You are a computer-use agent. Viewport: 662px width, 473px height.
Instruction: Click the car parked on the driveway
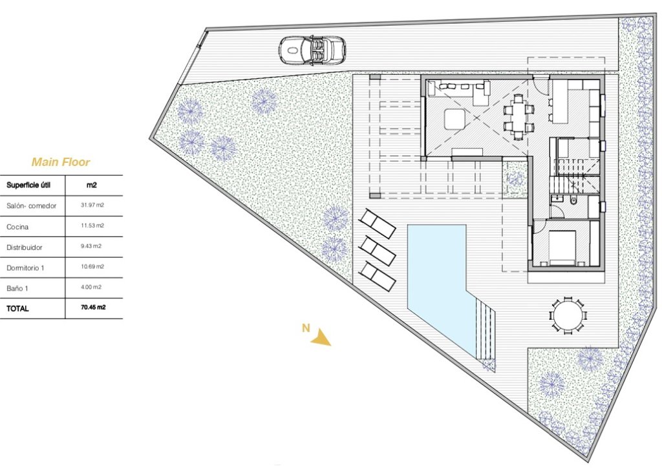[313, 49]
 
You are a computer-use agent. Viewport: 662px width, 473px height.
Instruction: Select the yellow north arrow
[321, 337]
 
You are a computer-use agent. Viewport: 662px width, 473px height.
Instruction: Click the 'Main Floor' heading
[61, 163]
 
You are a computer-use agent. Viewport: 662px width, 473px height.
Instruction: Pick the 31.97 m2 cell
[92, 205]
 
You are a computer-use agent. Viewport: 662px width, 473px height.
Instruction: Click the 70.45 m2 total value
[93, 308]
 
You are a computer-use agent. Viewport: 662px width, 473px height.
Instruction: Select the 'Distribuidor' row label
[25, 247]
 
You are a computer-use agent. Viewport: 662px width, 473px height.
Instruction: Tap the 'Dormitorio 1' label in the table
[27, 267]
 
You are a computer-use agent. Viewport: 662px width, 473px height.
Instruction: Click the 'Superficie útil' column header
[28, 185]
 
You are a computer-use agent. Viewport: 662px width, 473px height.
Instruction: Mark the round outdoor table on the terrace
[569, 315]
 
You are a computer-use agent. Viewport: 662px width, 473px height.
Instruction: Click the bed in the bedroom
[562, 247]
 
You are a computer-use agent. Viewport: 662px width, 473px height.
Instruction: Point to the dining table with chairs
[519, 117]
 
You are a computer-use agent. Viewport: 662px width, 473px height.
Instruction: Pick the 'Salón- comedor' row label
[32, 205]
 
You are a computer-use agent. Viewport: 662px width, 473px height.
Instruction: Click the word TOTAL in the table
[18, 309]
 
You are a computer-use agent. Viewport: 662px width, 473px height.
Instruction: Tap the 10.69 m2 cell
[92, 266]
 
